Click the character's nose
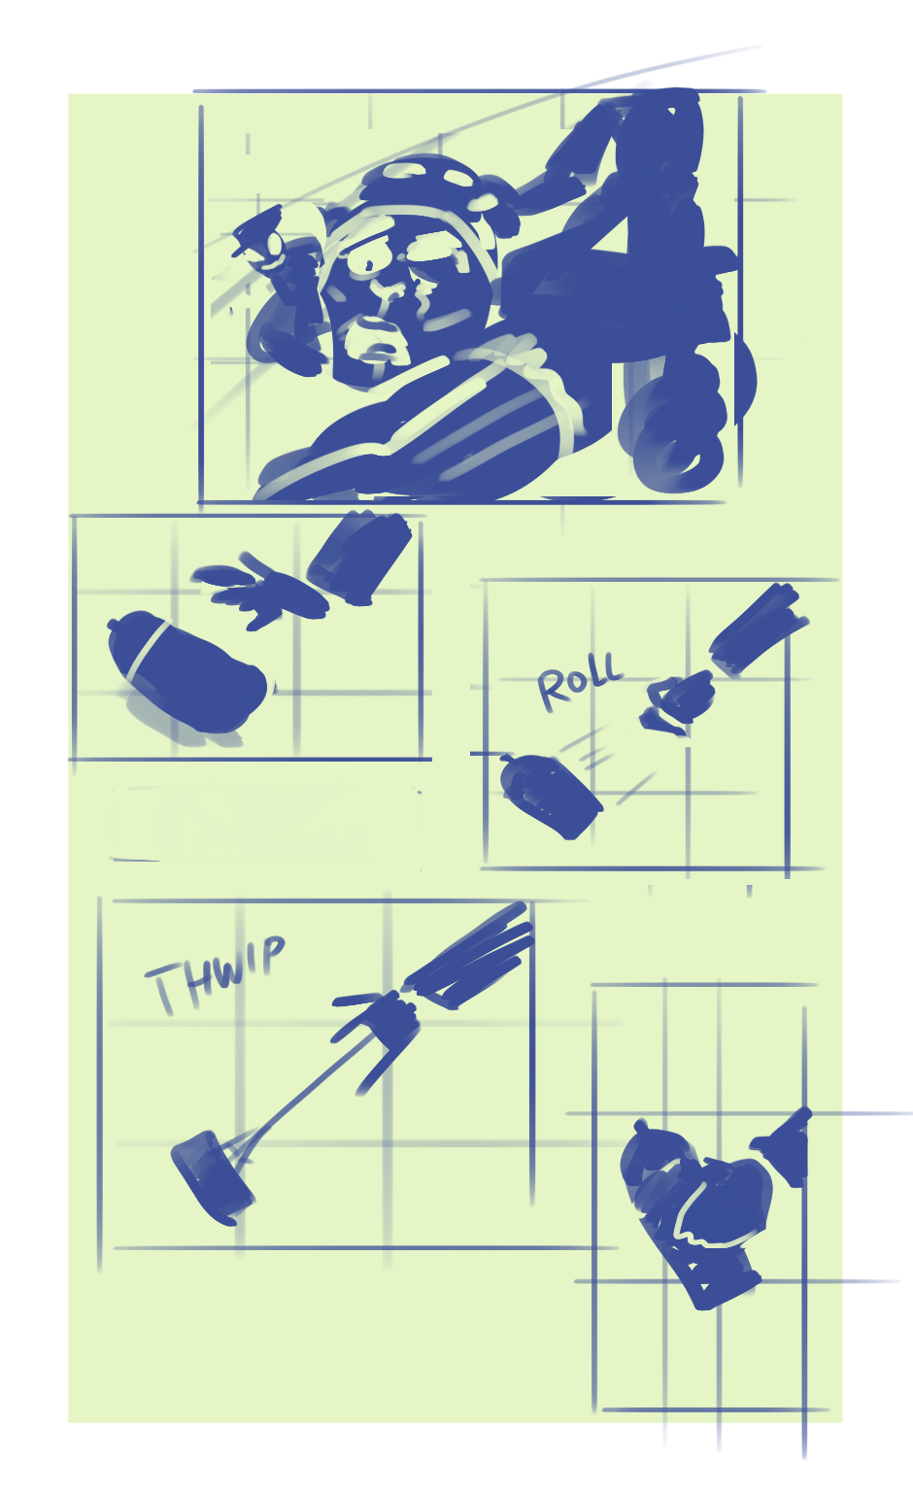tap(389, 289)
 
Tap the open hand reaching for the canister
tap(260, 590)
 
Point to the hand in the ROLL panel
tap(676, 703)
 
